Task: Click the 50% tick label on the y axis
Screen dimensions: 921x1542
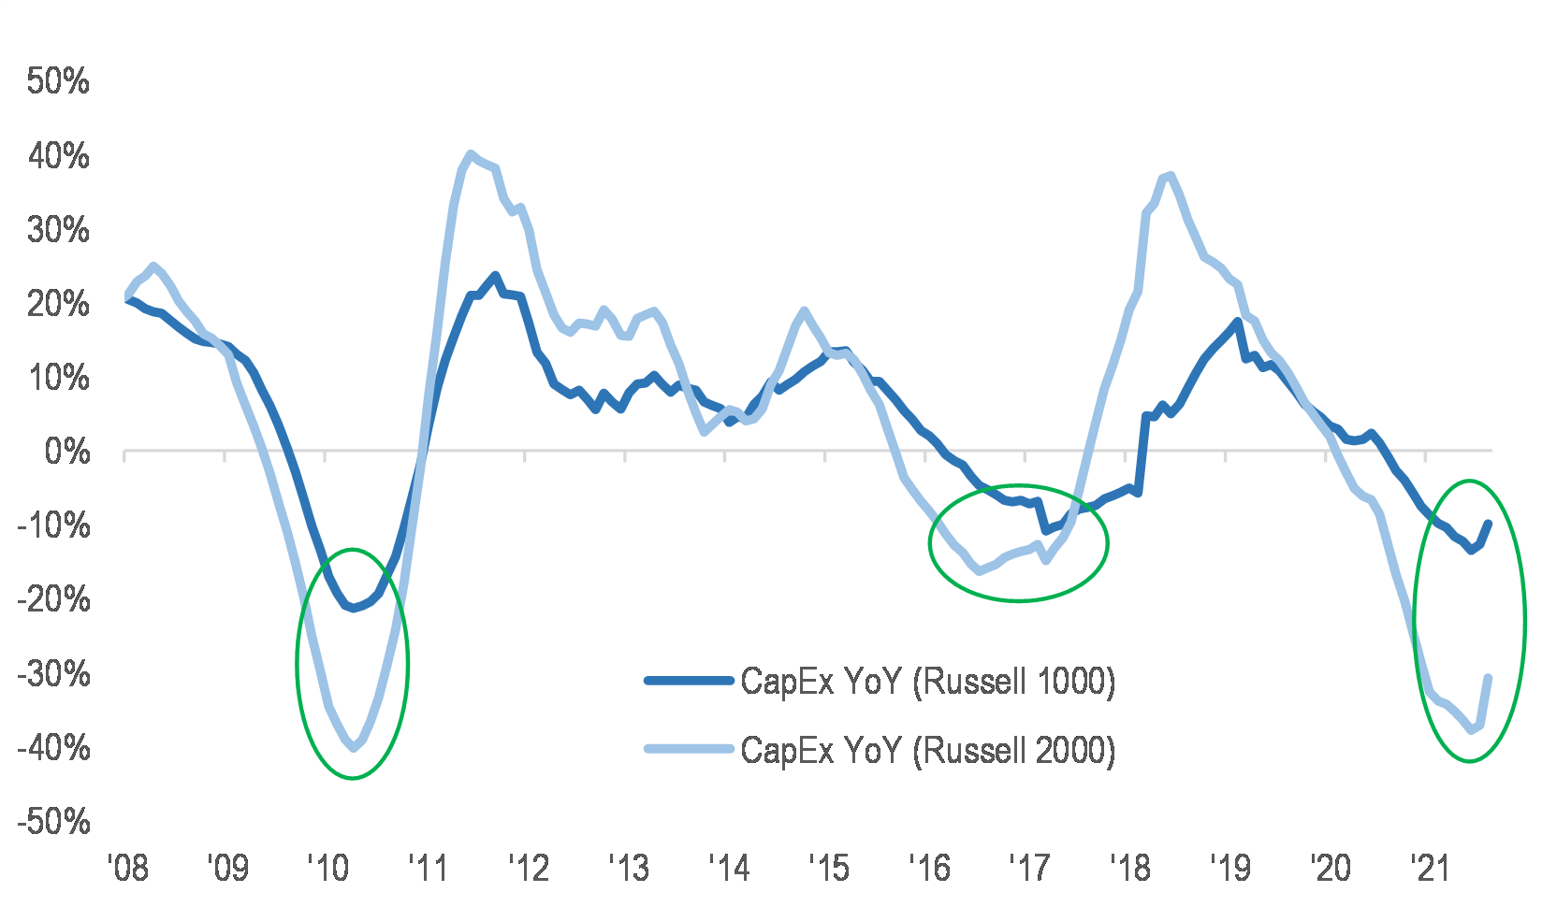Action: [x=58, y=81]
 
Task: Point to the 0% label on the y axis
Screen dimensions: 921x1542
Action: [x=67, y=453]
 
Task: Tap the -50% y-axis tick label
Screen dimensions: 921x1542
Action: [x=54, y=823]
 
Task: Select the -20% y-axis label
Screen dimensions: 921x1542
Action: [x=54, y=600]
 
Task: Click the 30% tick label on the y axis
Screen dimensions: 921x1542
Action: [x=58, y=230]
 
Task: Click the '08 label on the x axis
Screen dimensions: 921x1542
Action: [x=127, y=869]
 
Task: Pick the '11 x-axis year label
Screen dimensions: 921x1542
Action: [x=428, y=869]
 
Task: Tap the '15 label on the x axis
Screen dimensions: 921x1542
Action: [x=828, y=869]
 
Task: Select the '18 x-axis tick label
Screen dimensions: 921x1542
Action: [x=1128, y=869]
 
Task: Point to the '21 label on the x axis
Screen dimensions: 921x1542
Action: [x=1429, y=869]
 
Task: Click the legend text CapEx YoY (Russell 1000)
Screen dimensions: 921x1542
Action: [x=927, y=682]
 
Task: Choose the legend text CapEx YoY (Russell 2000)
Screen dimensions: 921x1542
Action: [x=927, y=750]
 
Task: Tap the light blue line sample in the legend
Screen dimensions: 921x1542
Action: [x=688, y=749]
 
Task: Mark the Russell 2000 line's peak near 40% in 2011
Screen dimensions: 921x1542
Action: [x=470, y=154]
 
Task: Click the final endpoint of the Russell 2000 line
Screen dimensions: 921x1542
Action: [x=1488, y=678]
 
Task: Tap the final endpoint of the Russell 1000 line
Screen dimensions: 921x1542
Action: [x=1488, y=524]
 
